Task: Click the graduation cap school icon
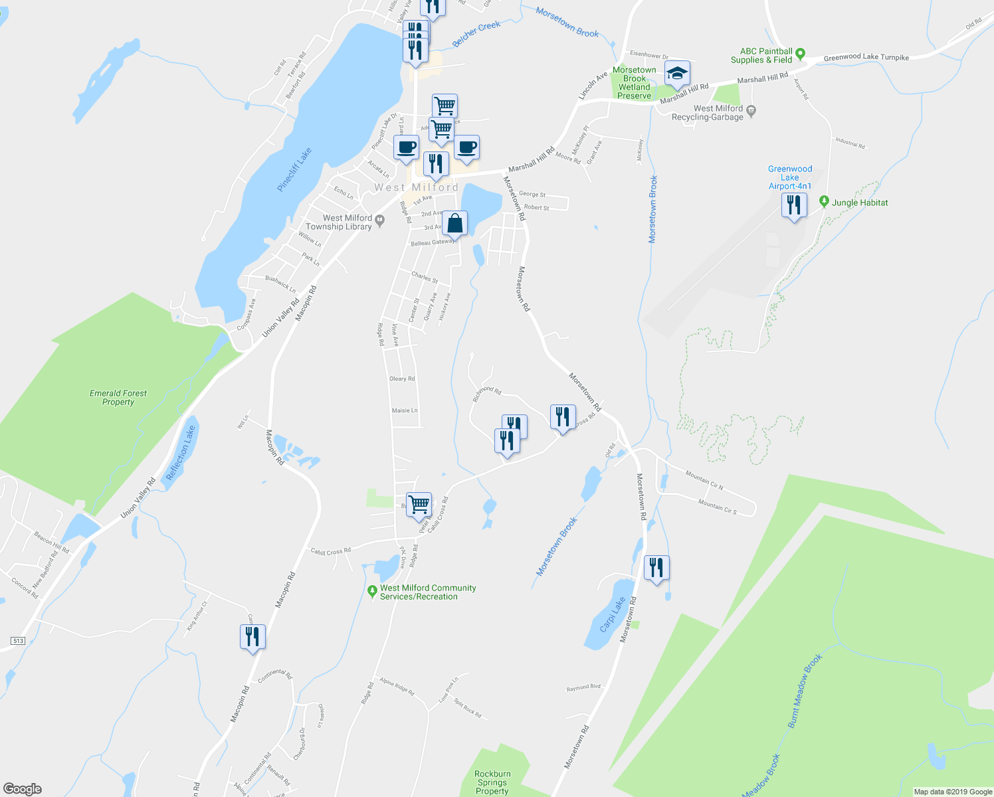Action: click(x=676, y=73)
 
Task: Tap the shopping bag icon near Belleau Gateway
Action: click(x=455, y=224)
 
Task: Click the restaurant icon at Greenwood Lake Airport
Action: click(x=794, y=205)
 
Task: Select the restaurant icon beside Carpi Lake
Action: click(x=656, y=568)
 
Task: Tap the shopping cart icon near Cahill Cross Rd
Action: click(x=419, y=505)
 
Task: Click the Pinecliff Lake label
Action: click(x=294, y=170)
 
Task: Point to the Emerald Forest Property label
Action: click(x=118, y=397)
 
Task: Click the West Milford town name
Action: click(x=416, y=187)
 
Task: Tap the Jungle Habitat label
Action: click(x=860, y=203)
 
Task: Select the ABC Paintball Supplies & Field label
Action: click(x=766, y=55)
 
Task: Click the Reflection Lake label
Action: click(x=181, y=454)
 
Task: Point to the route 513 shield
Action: click(x=18, y=641)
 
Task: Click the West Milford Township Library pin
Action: click(x=380, y=220)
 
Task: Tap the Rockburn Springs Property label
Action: click(x=492, y=782)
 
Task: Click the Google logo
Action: click(x=22, y=788)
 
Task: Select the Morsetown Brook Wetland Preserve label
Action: click(x=635, y=83)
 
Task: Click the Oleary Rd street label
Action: click(x=402, y=379)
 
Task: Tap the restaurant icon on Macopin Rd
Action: click(x=252, y=637)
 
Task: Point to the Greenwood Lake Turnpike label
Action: click(x=866, y=57)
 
